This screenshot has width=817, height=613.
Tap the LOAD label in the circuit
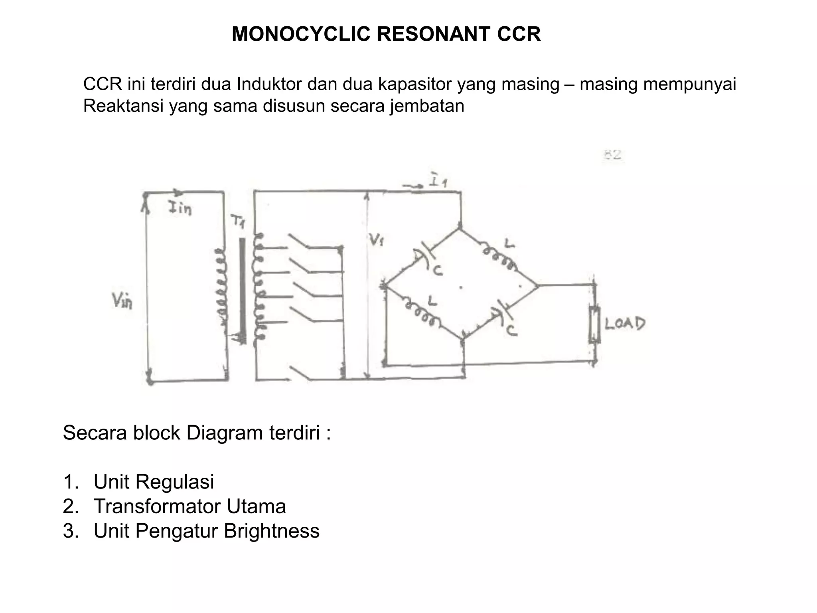(625, 323)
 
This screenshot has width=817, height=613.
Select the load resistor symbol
(594, 324)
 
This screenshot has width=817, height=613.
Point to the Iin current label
(180, 208)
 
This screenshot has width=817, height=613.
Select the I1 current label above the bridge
(438, 181)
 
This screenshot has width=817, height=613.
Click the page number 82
(612, 155)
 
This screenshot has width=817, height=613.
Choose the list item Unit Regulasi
(154, 482)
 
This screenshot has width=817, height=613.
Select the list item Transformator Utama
(189, 506)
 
